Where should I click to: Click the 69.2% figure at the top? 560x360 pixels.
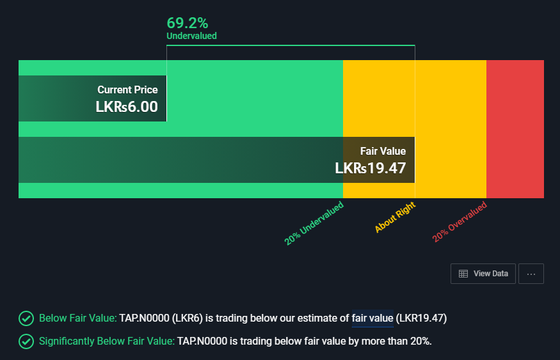188,23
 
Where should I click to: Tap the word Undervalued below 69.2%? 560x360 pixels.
191,36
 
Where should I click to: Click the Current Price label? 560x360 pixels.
127,90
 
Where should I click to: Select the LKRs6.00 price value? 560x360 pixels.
127,107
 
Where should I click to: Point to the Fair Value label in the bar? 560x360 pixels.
383,152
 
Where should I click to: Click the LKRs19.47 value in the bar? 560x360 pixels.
371,168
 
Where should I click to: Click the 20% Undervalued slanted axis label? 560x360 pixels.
314,223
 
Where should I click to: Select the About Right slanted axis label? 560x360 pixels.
395,217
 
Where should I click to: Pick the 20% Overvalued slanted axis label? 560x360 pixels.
460,222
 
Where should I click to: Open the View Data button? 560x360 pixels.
483,274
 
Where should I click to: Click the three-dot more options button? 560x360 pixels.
531,274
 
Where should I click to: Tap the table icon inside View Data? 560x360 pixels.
463,274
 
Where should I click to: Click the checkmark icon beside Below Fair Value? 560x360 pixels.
26,318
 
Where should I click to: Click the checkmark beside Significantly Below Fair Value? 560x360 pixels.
26,341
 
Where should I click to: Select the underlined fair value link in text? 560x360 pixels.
372,318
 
